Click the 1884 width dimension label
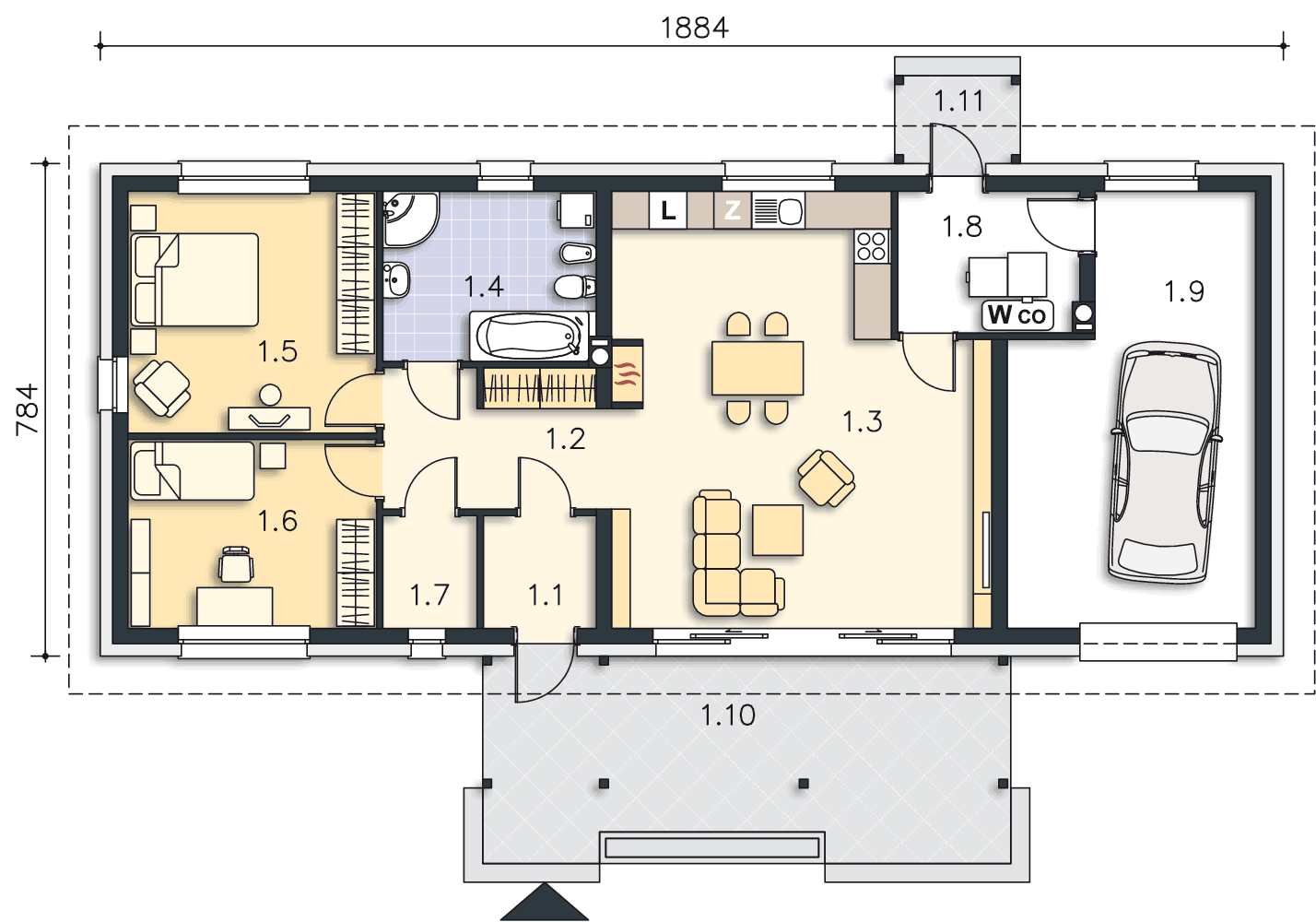pos(695,28)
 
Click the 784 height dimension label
pos(28,409)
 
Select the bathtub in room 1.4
pos(531,336)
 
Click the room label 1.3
pos(863,421)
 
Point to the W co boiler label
pos(1017,315)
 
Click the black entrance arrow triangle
pos(545,902)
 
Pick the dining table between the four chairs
pos(758,369)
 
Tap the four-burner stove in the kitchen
pos(872,245)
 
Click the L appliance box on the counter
pos(668,210)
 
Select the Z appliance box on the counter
pos(732,210)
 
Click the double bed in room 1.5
pos(194,279)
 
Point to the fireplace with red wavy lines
pos(627,373)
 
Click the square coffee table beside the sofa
pos(778,529)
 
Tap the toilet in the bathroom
pos(575,288)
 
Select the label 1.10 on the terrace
pos(728,715)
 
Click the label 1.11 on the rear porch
pos(958,101)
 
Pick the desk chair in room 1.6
pos(236,564)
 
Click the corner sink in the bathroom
pos(410,219)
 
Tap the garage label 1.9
pos(1184,290)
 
